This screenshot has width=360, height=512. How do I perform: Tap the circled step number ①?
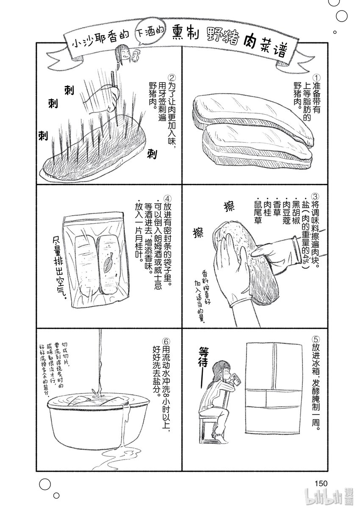(x=318, y=78)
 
